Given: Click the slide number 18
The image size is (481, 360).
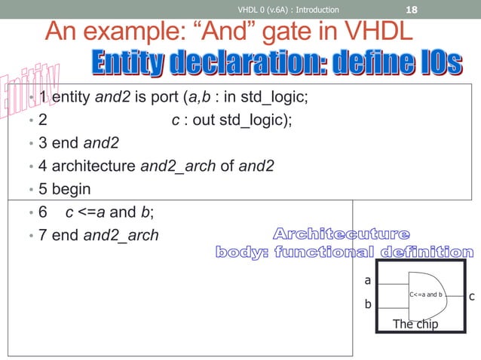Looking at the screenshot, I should [412, 10].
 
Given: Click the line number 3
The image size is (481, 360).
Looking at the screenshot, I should [42, 142].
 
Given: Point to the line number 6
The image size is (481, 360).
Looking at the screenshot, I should [42, 212].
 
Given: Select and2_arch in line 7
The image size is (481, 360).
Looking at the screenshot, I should [121, 235].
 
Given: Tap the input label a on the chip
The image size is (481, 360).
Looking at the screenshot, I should [368, 279].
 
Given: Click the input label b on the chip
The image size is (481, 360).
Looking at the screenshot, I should [368, 305].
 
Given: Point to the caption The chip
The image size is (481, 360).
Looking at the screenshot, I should [415, 325].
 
